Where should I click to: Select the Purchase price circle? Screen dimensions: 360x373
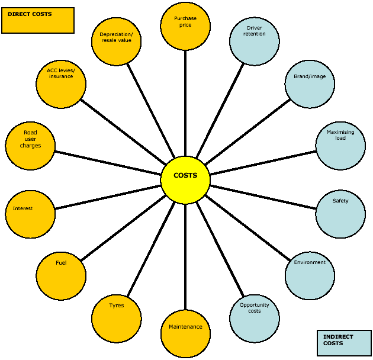[185, 26]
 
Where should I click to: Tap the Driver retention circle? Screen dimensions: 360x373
[254, 40]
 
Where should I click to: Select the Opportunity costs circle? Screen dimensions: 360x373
[254, 319]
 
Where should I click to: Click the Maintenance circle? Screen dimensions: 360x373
[185, 334]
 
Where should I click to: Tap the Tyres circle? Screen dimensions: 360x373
[117, 319]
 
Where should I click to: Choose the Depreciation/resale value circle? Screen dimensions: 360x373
[117, 40]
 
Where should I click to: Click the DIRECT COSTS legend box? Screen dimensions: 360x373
[38, 20]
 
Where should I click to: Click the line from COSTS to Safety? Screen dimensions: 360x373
[263, 196]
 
